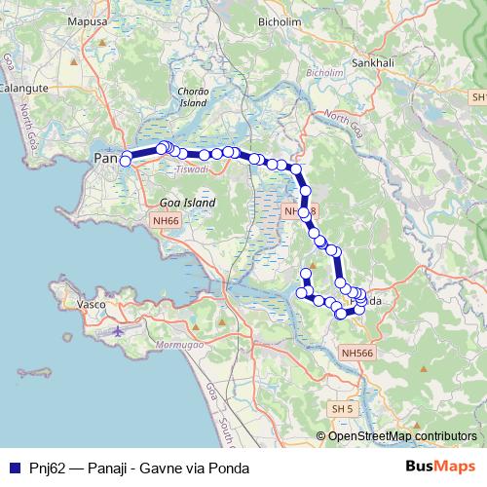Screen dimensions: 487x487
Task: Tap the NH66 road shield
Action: point(166,221)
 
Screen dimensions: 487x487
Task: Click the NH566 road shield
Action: point(358,354)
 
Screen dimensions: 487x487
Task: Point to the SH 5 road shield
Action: point(341,407)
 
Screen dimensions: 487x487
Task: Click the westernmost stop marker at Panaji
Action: point(125,162)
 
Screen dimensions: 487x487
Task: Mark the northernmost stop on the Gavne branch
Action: point(306,274)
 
